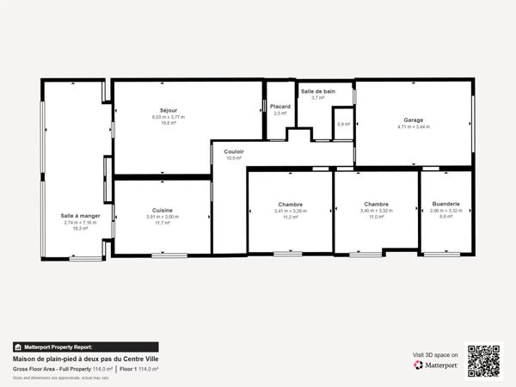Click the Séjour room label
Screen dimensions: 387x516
[x=169, y=110]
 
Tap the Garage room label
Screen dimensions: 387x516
[x=413, y=120]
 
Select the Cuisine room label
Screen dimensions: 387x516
[x=163, y=210]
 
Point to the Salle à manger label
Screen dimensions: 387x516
[x=80, y=216]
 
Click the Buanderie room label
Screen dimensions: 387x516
[x=446, y=204]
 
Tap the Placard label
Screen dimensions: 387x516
[x=280, y=106]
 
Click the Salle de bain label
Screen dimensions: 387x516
[x=317, y=91]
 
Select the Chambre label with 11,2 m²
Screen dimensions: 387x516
[x=290, y=204]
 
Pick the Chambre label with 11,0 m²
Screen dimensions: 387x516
[x=377, y=204]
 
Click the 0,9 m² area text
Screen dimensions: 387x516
[x=344, y=124]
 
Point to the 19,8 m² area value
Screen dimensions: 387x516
[x=169, y=123]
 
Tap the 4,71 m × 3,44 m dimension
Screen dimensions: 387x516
[x=413, y=127]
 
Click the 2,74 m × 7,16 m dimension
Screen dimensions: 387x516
[x=80, y=223]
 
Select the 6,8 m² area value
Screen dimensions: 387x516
[x=446, y=217]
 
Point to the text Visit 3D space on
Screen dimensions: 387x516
[x=435, y=354]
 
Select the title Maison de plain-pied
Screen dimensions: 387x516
[x=85, y=359]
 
